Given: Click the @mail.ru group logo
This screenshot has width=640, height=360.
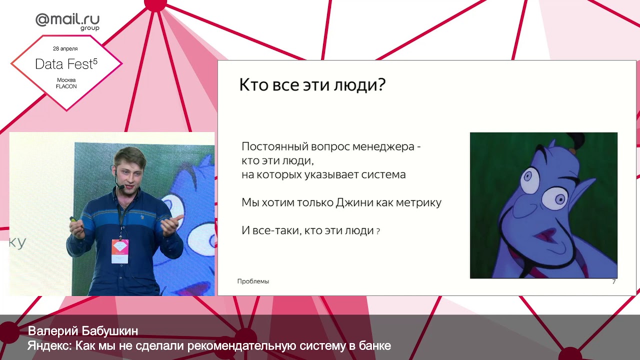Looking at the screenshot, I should point(67,21).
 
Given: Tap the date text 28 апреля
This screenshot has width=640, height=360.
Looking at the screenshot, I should point(65,48).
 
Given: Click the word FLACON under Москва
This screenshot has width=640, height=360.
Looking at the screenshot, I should point(66,86).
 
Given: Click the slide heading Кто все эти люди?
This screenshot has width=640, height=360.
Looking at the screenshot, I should point(312,85).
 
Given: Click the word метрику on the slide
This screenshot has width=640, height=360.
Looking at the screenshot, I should point(418,203).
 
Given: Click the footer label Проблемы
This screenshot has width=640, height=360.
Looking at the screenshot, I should point(253,281).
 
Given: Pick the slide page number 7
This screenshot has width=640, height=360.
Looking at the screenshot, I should point(613,282).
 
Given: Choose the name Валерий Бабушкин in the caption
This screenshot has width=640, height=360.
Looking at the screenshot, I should point(83,331).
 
